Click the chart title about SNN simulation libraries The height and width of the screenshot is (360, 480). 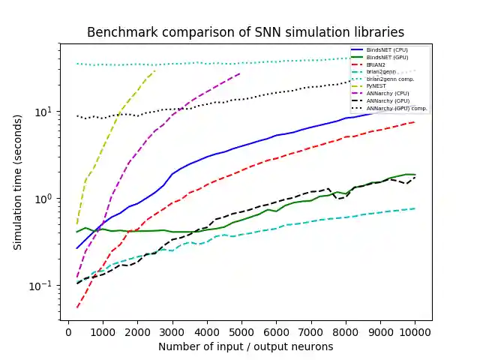pyautogui.click(x=245, y=32)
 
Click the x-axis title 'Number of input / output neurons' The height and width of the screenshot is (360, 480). pyautogui.click(x=245, y=347)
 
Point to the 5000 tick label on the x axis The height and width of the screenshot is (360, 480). pyautogui.click(x=241, y=331)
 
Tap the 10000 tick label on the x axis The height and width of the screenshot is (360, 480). pyautogui.click(x=415, y=331)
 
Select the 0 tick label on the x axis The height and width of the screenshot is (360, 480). pyautogui.click(x=68, y=331)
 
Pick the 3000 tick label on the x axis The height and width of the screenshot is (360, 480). pyautogui.click(x=172, y=331)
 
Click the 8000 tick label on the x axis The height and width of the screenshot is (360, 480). pyautogui.click(x=346, y=331)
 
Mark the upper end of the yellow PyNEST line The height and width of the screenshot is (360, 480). pyautogui.click(x=154, y=70)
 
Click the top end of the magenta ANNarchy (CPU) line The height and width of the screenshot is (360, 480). pyautogui.click(x=241, y=73)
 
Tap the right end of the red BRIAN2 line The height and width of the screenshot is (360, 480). pyautogui.click(x=415, y=121)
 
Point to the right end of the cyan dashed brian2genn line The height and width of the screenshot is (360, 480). pyautogui.click(x=415, y=208)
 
